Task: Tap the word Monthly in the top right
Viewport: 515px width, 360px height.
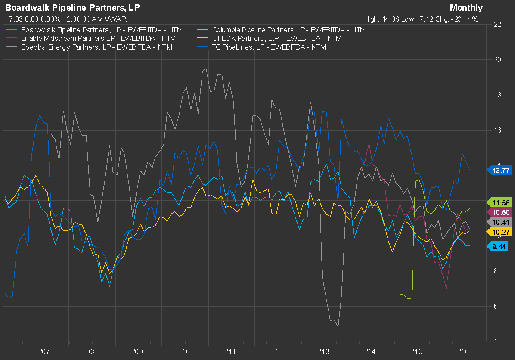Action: [x=466, y=8]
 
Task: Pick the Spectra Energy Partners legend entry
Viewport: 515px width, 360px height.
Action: [x=96, y=47]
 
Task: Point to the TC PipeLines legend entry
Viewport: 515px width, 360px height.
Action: [x=269, y=47]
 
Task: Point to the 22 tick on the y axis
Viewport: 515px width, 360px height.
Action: [x=498, y=24]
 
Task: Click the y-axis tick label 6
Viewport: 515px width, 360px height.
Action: [x=496, y=306]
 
